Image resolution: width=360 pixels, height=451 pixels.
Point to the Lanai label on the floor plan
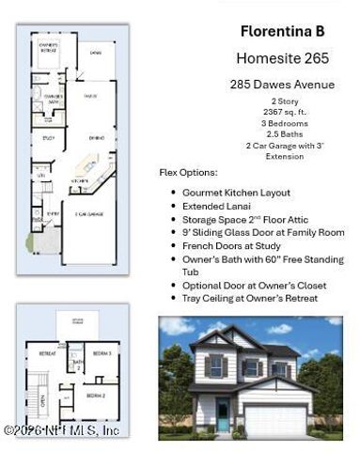95,53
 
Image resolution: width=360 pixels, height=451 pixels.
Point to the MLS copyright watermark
61,430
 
